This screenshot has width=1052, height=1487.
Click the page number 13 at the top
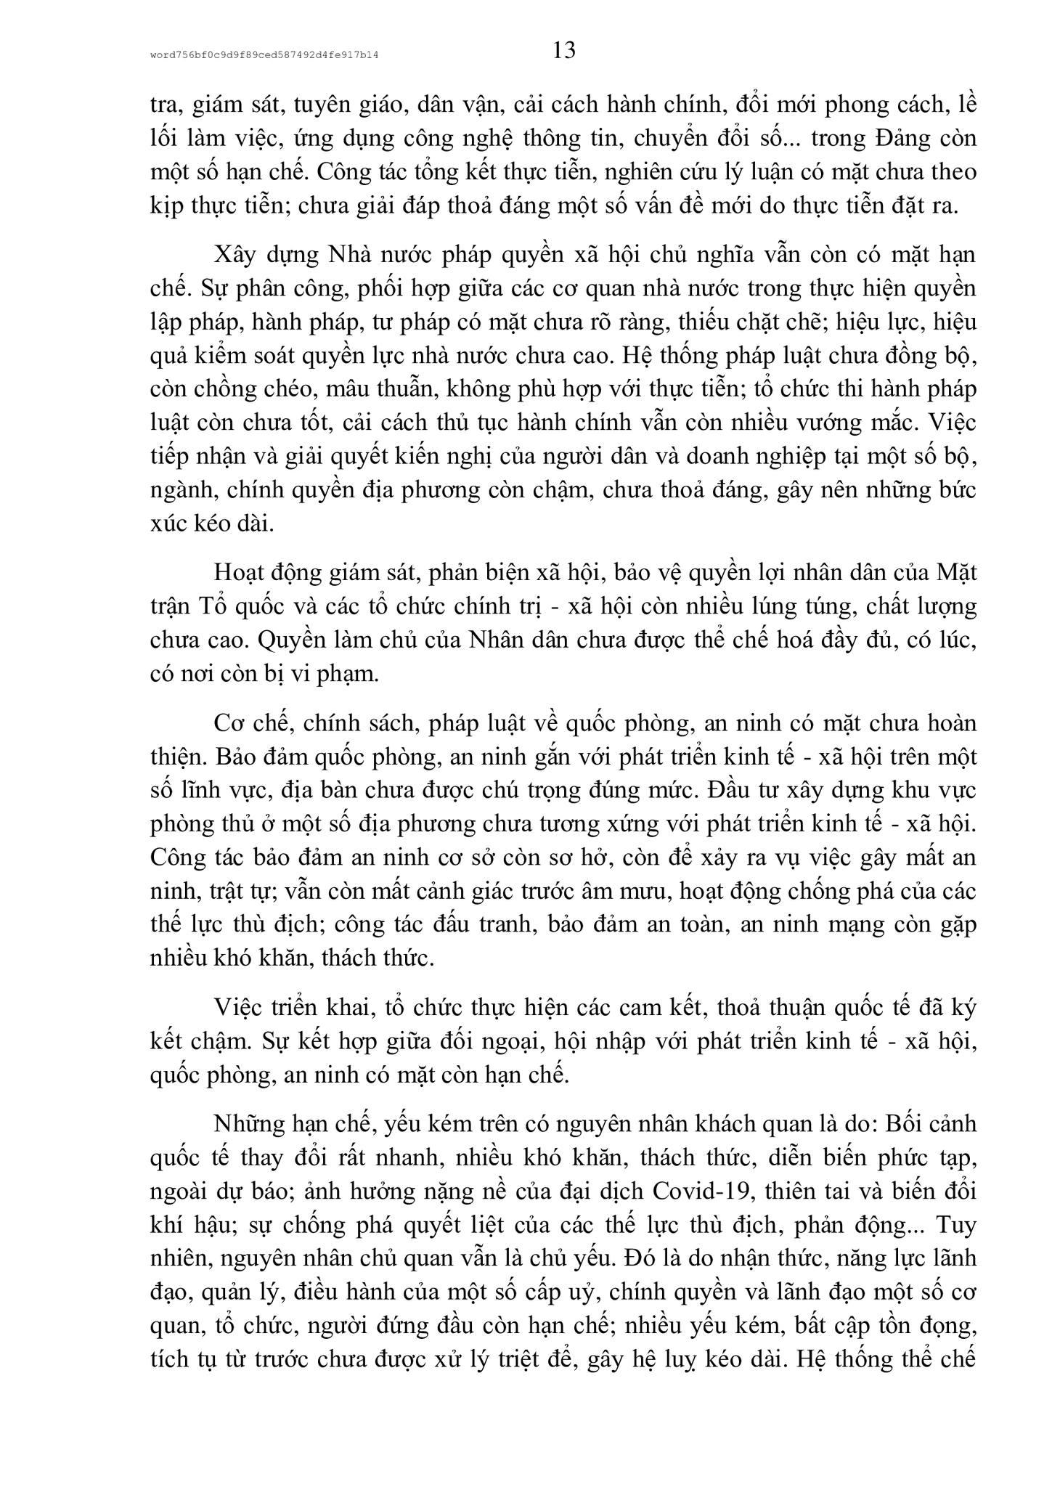563,50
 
